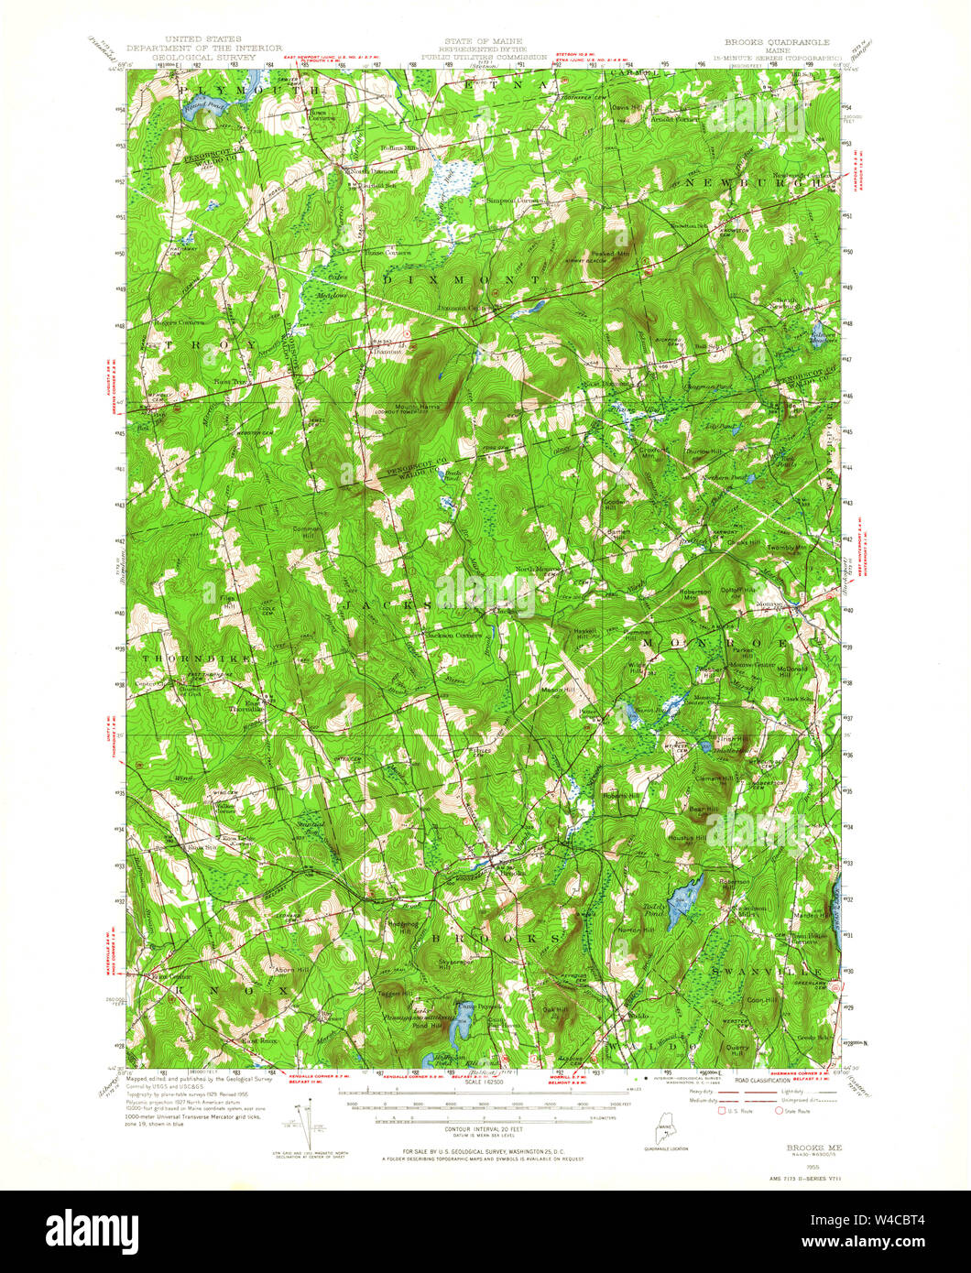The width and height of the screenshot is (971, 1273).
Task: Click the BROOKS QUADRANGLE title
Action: pyautogui.click(x=776, y=42)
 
